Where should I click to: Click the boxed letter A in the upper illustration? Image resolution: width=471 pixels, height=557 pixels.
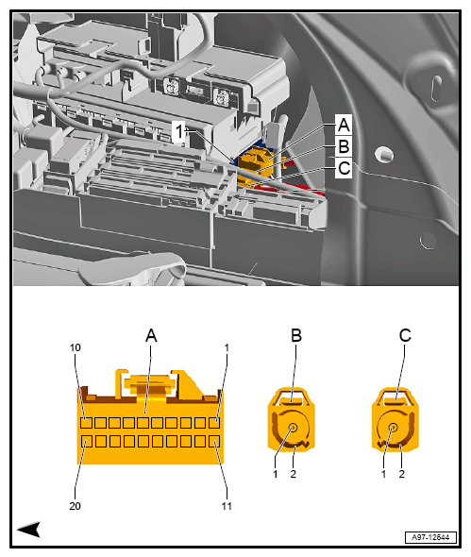tap(344, 125)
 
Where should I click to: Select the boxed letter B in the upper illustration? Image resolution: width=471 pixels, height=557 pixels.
tap(344, 146)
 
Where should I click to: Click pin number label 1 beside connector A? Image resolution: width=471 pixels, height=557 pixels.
tap(227, 348)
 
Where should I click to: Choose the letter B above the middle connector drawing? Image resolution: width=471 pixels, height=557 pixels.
tap(296, 335)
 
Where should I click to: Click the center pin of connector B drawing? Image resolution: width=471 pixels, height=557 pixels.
tap(295, 429)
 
